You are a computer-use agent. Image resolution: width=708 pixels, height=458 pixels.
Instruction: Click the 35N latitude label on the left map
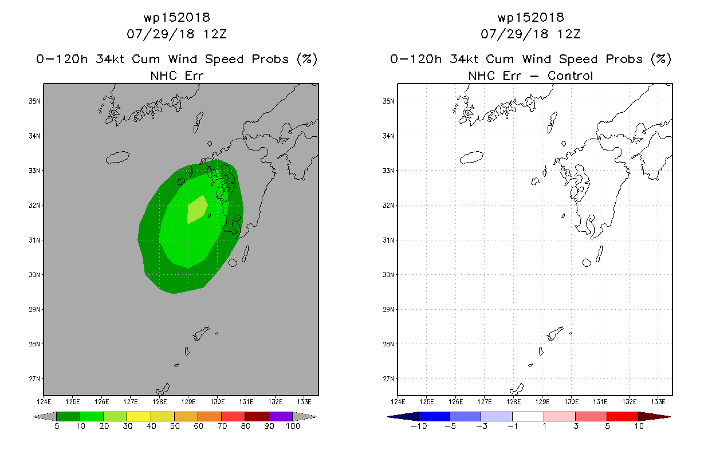(34, 101)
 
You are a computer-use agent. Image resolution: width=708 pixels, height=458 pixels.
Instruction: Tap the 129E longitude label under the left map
(188, 402)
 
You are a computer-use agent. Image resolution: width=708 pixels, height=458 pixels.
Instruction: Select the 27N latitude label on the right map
(388, 379)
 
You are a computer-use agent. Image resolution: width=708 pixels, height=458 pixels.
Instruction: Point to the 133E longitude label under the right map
(658, 402)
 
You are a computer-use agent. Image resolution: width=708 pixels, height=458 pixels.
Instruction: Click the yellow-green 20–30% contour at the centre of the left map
(196, 210)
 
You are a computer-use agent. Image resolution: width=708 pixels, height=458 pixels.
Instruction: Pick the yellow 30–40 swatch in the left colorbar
(139, 417)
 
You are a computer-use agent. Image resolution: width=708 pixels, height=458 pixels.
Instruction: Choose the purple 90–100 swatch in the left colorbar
(281, 417)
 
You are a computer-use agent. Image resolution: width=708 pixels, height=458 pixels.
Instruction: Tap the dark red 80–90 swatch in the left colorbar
(257, 417)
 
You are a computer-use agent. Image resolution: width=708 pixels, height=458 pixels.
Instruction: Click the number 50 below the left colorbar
(175, 427)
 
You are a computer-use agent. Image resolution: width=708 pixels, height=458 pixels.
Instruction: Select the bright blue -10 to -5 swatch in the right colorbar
(434, 417)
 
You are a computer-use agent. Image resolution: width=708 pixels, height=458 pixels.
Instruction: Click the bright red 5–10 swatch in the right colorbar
(623, 417)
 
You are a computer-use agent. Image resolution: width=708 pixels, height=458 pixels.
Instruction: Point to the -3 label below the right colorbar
(481, 427)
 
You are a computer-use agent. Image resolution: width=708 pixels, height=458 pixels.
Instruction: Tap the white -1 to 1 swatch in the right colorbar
(528, 417)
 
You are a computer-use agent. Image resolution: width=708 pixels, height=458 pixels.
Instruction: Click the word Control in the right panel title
(570, 76)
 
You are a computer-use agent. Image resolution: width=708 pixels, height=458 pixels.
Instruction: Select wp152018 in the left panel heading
(177, 18)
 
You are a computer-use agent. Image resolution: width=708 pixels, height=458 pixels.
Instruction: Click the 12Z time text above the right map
(569, 34)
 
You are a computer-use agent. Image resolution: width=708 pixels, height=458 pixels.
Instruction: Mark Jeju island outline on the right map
(471, 157)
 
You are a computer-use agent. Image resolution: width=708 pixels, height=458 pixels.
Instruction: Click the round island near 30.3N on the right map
(587, 262)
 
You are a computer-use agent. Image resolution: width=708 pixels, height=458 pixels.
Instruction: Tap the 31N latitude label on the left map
(34, 240)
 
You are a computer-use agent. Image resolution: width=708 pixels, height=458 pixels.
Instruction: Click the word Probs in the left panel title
(270, 60)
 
